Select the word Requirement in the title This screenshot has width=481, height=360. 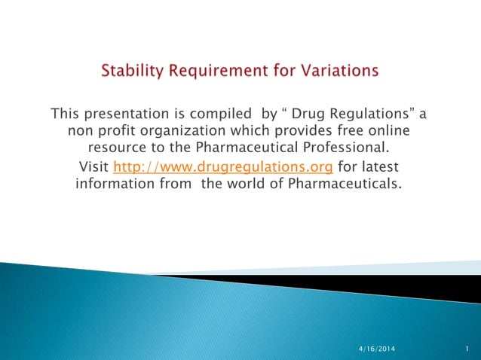pyautogui.click(x=212, y=72)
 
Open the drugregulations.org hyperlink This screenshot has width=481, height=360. pyautogui.click(x=222, y=166)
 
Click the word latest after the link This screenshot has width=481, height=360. pyautogui.click(x=382, y=166)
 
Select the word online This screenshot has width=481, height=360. pyautogui.click(x=402, y=130)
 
